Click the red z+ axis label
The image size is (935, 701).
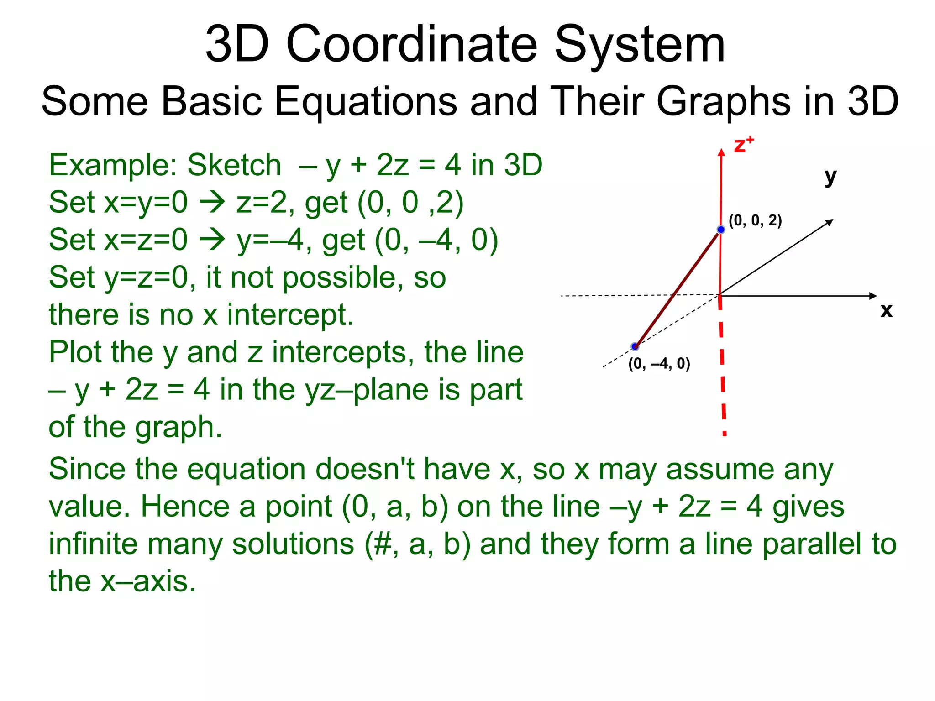pyautogui.click(x=743, y=145)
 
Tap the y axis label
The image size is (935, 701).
pyautogui.click(x=830, y=177)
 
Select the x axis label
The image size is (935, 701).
pyautogui.click(x=886, y=310)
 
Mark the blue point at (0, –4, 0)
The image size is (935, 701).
pyautogui.click(x=635, y=347)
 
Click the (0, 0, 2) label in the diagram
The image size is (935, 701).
pyautogui.click(x=755, y=220)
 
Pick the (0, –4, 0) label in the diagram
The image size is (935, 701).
pyautogui.click(x=659, y=364)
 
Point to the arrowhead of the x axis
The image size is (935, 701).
pyautogui.click(x=873, y=296)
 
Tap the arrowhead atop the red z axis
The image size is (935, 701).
pyautogui.click(x=721, y=152)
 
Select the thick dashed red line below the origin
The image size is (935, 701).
pyautogui.click(x=722, y=365)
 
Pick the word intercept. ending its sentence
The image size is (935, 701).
pyautogui.click(x=290, y=315)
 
